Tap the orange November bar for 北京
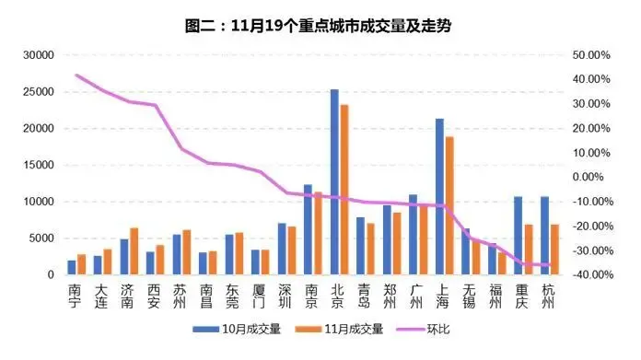tap(344, 190)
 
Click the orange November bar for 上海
tap(449, 205)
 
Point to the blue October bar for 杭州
tap(544, 236)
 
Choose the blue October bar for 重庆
tap(518, 236)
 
